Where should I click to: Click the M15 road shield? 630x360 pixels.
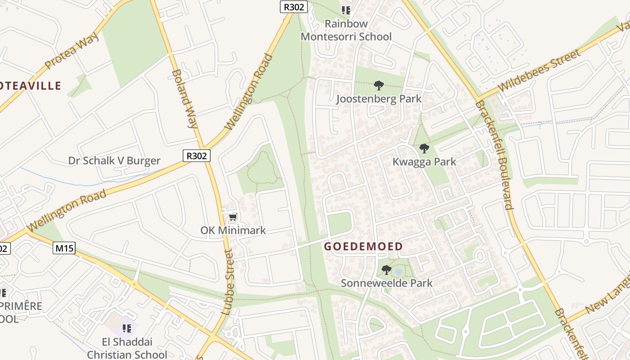click(x=64, y=248)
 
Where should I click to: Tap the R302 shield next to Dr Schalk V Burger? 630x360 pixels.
click(x=197, y=156)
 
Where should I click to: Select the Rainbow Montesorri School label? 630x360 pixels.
click(x=346, y=30)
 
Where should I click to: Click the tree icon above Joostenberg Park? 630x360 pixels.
click(x=379, y=85)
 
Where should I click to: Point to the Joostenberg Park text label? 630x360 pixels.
click(x=379, y=99)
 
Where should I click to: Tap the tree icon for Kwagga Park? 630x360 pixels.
click(x=424, y=148)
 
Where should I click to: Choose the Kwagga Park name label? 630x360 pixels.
click(x=424, y=162)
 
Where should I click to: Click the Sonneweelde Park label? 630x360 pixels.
click(x=386, y=283)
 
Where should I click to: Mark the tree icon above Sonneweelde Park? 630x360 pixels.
click(x=386, y=270)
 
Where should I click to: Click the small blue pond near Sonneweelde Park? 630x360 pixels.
click(x=398, y=272)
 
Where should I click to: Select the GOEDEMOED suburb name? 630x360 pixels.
click(x=363, y=247)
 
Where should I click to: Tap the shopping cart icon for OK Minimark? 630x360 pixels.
click(x=233, y=218)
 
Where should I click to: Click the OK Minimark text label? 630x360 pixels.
click(x=233, y=230)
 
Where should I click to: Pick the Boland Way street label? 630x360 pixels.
click(x=184, y=99)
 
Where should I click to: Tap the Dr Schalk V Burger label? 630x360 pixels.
click(x=114, y=161)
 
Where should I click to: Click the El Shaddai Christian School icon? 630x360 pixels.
click(x=126, y=328)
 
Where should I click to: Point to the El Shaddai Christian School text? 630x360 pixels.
click(x=126, y=348)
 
